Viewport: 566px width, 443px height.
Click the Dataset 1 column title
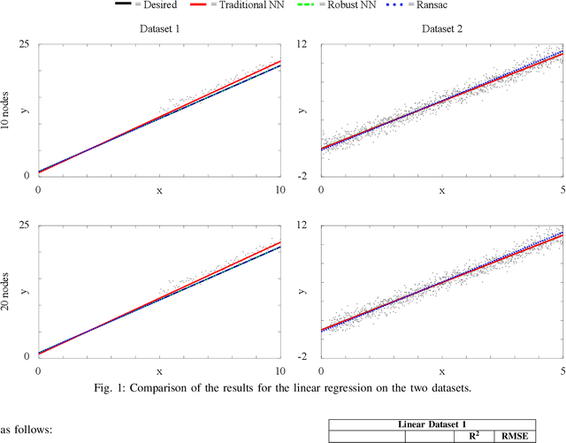tap(159, 29)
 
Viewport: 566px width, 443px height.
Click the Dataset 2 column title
tap(442, 29)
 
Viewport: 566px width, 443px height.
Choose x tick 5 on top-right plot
tap(563, 189)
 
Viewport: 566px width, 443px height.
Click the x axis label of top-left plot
tap(159, 189)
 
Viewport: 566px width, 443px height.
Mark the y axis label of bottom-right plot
tap(303, 291)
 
